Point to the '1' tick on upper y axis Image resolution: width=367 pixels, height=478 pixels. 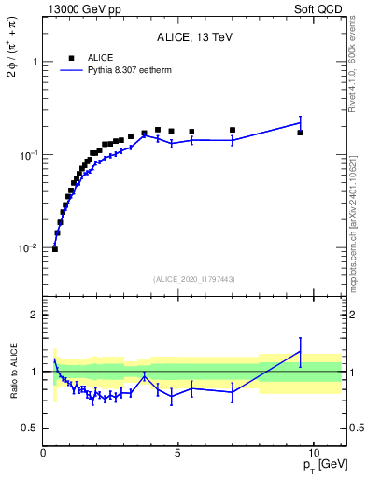click(x=35, y=62)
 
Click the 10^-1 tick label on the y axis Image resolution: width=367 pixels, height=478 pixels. click(x=28, y=155)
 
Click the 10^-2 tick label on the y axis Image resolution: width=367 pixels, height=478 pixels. click(x=28, y=248)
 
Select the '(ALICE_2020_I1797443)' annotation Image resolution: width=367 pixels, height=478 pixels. click(x=193, y=279)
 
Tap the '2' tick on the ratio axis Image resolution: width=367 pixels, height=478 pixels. click(x=35, y=315)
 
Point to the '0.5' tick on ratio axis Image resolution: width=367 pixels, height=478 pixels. click(x=30, y=428)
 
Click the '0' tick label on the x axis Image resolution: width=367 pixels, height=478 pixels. click(x=44, y=455)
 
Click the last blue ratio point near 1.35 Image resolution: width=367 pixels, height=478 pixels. click(x=300, y=351)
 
